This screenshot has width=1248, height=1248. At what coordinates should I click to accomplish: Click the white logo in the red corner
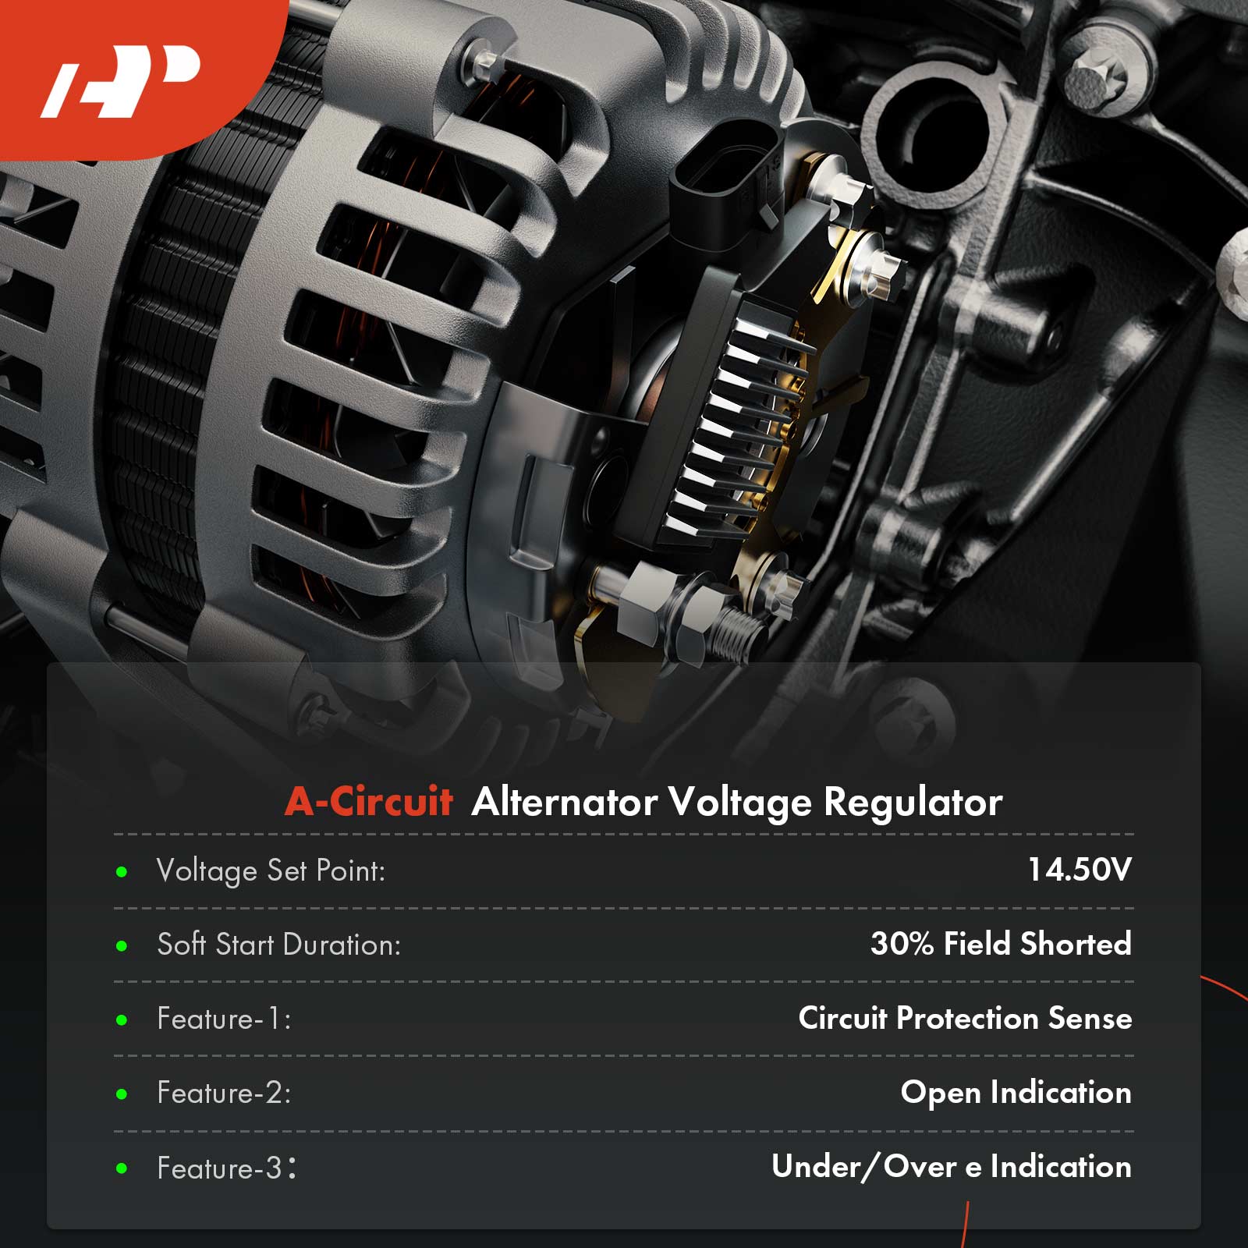click(121, 81)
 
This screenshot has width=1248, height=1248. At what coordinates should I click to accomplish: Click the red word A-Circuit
click(369, 801)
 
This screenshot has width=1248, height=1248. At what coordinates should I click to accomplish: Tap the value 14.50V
click(1080, 870)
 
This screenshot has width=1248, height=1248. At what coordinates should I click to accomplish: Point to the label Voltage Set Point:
click(271, 871)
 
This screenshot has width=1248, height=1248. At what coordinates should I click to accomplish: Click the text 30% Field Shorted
click(1001, 944)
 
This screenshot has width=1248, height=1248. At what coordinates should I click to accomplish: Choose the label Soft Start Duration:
click(279, 945)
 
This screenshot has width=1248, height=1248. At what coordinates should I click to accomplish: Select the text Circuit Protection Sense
click(965, 1018)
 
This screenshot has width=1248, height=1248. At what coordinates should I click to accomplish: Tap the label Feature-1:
click(225, 1019)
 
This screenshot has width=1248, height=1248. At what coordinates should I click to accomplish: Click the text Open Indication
click(1016, 1093)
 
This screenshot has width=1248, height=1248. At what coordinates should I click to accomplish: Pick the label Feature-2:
click(225, 1093)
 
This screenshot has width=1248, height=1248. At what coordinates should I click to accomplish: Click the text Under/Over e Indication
click(952, 1167)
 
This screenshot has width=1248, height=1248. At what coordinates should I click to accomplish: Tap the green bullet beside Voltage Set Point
click(122, 872)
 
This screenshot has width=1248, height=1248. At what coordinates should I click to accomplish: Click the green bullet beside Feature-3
click(122, 1168)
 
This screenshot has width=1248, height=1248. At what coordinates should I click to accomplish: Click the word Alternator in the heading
click(564, 802)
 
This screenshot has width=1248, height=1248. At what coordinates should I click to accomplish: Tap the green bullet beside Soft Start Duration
click(122, 946)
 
